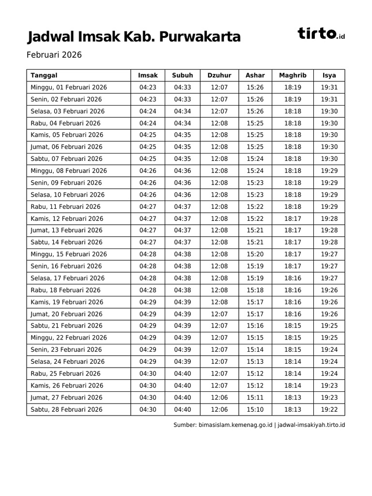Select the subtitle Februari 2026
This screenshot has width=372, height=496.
(54, 55)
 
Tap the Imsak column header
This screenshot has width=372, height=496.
(148, 75)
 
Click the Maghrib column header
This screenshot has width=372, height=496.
(293, 75)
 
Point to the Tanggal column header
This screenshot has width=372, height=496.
(44, 75)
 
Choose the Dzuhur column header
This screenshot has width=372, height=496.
(219, 75)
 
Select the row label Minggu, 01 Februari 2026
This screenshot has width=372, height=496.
(69, 87)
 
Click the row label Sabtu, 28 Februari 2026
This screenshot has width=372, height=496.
(66, 409)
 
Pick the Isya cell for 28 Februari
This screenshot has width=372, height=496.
(329, 409)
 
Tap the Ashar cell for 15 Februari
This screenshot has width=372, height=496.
(255, 254)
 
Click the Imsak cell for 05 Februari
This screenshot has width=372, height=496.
(148, 135)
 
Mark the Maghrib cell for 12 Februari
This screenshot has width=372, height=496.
(293, 218)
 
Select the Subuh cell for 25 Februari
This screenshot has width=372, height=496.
(183, 373)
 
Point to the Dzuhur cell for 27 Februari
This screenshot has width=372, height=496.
(219, 397)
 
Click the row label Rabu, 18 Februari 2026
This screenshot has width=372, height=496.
(65, 290)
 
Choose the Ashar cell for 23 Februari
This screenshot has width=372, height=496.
(255, 350)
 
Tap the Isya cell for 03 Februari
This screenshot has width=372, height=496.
(329, 111)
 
